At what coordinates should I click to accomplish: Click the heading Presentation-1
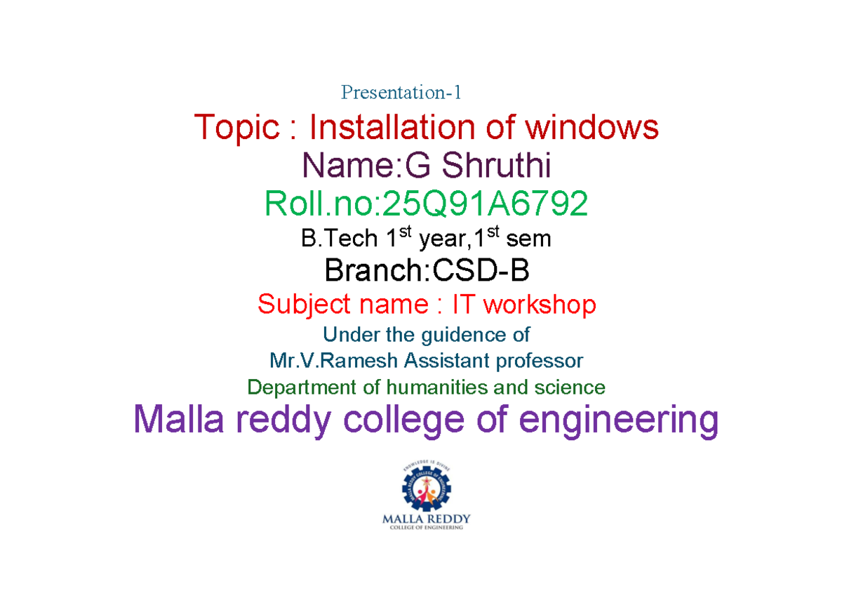(x=401, y=93)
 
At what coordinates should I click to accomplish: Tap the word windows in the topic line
(x=592, y=127)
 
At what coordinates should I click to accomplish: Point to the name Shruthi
(x=496, y=165)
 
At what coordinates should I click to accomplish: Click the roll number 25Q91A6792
(x=485, y=203)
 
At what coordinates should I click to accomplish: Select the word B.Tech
(x=339, y=238)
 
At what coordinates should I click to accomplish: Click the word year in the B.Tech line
(x=445, y=240)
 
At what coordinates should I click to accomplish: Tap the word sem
(x=528, y=239)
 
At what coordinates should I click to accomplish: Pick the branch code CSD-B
(x=481, y=270)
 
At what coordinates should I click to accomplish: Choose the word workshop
(x=540, y=305)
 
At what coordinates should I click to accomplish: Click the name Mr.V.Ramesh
(x=333, y=361)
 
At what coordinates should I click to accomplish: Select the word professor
(x=540, y=362)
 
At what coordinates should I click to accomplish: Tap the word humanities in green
(x=438, y=388)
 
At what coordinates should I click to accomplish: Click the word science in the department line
(x=570, y=388)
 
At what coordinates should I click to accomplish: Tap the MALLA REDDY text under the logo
(x=427, y=519)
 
